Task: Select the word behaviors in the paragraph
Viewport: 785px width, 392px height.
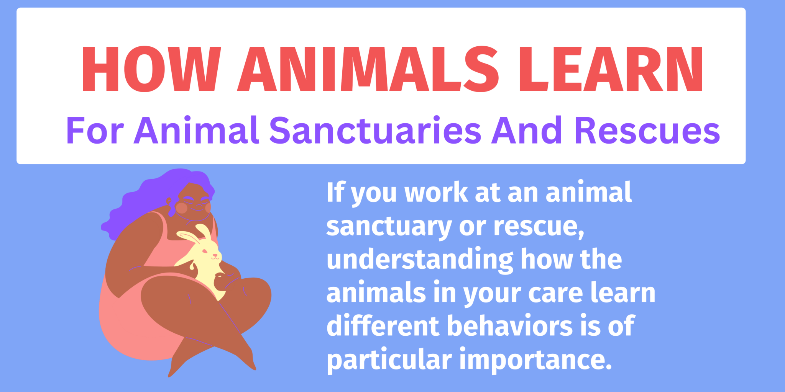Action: (510, 326)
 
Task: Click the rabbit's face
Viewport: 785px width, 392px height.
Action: (209, 253)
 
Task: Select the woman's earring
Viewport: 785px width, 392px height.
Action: (168, 200)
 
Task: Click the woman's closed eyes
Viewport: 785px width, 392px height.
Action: (195, 199)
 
